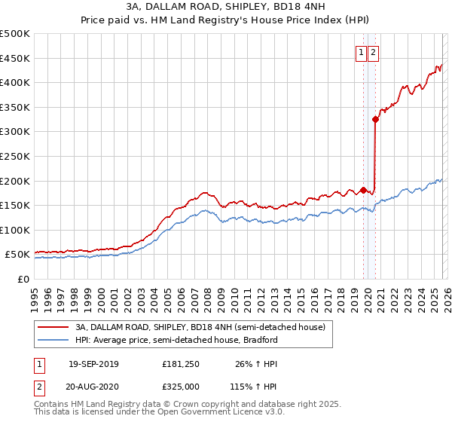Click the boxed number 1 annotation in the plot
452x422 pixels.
(362, 52)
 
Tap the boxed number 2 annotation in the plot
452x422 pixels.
(374, 52)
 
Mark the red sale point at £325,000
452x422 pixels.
(375, 119)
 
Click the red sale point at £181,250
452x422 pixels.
(363, 190)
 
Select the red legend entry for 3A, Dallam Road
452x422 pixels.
(200, 327)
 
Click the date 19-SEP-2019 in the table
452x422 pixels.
(93, 364)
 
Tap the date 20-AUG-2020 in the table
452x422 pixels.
(93, 386)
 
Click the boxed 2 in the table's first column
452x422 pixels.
(39, 386)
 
